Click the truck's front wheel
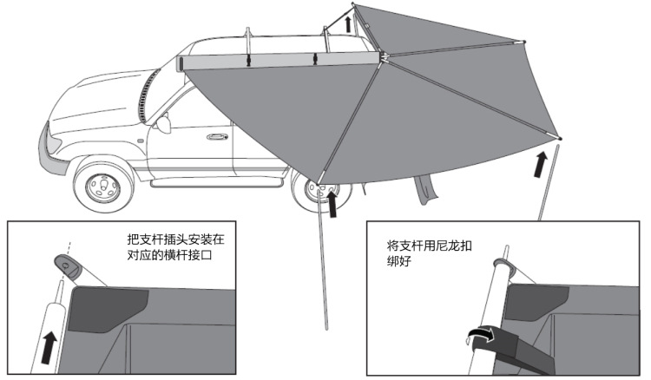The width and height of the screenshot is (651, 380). point(103,186)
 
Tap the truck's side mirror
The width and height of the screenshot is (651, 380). point(163,124)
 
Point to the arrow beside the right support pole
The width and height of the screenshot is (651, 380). point(541,162)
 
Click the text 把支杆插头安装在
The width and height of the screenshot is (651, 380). point(180,239)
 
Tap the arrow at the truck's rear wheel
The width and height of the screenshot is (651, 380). point(334,202)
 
